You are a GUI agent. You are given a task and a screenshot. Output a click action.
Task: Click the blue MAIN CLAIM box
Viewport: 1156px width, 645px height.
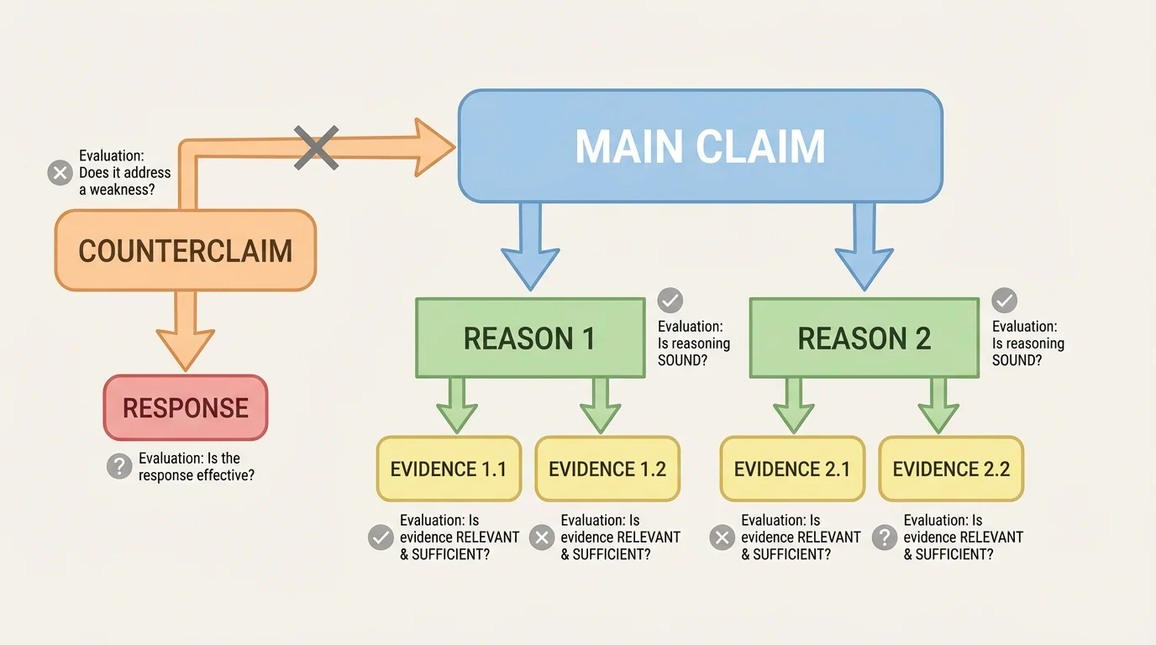click(700, 146)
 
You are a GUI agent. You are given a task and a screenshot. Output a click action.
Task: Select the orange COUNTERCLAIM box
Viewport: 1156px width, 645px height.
click(185, 250)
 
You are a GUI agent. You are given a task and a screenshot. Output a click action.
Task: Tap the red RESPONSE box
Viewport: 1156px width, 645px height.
click(186, 408)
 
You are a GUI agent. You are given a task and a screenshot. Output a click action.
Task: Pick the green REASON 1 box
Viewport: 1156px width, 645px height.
click(529, 338)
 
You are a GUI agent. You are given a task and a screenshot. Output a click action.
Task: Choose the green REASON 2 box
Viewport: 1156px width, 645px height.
click(864, 338)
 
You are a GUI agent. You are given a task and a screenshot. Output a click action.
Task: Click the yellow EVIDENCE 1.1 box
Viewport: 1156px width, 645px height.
click(449, 469)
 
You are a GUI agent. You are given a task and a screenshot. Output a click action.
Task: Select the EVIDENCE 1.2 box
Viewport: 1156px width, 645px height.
click(607, 469)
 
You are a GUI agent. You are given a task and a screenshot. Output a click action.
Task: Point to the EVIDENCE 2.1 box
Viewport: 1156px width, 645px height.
click(792, 469)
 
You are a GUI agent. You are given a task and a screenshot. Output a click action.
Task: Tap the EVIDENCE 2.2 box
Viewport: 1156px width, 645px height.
click(951, 469)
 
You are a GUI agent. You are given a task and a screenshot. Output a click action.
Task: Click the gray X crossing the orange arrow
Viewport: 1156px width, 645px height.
click(316, 148)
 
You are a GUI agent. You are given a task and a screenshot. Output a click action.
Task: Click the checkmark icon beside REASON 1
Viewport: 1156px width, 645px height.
click(670, 301)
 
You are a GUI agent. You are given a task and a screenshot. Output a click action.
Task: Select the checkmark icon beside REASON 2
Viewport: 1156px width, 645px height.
click(1004, 301)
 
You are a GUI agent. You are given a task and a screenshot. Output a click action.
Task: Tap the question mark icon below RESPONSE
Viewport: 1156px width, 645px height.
click(120, 467)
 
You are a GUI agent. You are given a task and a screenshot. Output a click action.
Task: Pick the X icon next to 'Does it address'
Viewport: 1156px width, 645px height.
click(60, 174)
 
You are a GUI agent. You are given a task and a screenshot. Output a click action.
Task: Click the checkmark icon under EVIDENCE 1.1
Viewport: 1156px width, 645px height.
click(381, 537)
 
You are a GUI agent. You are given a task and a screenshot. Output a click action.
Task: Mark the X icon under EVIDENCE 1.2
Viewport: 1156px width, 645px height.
click(542, 537)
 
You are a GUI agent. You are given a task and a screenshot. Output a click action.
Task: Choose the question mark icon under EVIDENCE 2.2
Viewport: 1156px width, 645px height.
click(884, 537)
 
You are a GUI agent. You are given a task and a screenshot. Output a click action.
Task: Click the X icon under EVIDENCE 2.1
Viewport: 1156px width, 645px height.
click(722, 537)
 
